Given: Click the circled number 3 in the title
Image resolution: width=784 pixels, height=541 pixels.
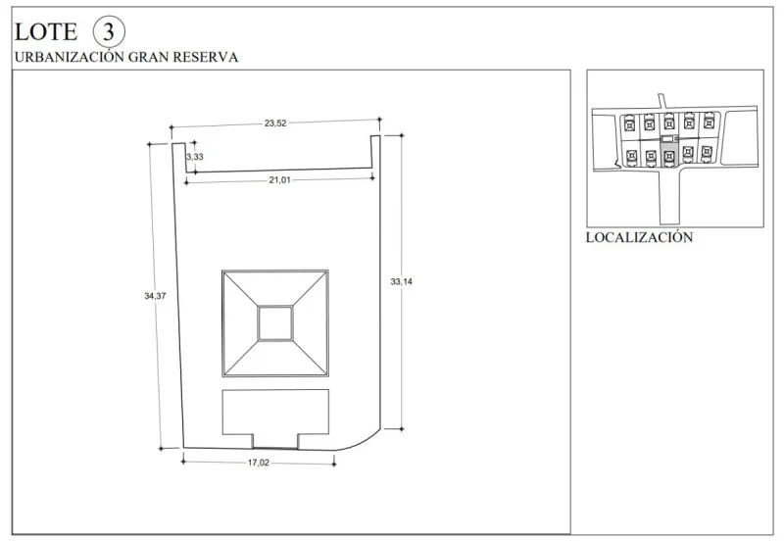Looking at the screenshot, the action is pyautogui.click(x=109, y=31).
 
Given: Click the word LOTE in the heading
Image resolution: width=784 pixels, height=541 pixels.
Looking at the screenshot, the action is pyautogui.click(x=46, y=32).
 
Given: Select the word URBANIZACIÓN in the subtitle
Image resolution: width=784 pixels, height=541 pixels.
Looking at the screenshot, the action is pyautogui.click(x=69, y=57).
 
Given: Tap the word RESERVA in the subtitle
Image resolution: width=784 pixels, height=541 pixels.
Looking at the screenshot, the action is pyautogui.click(x=206, y=57).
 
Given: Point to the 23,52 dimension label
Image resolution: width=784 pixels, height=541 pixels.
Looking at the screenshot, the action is pyautogui.click(x=275, y=123).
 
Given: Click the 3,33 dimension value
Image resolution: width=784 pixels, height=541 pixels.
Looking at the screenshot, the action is pyautogui.click(x=195, y=157).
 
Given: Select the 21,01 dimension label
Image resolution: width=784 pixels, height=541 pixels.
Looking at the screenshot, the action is pyautogui.click(x=279, y=180).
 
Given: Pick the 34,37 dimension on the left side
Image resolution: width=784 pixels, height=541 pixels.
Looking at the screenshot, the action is pyautogui.click(x=155, y=296).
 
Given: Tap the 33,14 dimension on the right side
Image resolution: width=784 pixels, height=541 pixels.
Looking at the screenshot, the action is pyautogui.click(x=402, y=281).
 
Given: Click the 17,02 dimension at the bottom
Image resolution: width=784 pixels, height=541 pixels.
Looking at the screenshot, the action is pyautogui.click(x=259, y=463).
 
